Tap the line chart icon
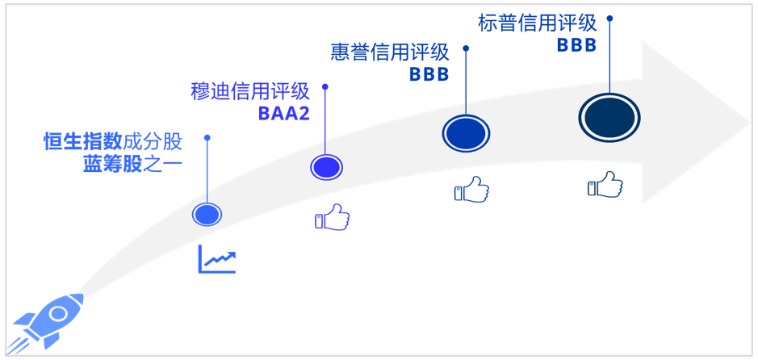click(x=217, y=259)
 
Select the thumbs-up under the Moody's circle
click(x=332, y=218)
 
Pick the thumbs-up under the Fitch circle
click(x=471, y=190)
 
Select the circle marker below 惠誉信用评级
click(x=466, y=133)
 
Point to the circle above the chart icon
click(x=207, y=215)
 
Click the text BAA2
click(x=283, y=114)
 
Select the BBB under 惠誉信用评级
click(x=429, y=75)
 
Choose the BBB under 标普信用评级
click(x=576, y=46)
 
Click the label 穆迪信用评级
click(x=250, y=91)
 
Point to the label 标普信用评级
click(x=537, y=23)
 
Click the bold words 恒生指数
click(x=82, y=142)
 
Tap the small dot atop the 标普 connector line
click(x=609, y=17)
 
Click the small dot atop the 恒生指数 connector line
click(x=207, y=137)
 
